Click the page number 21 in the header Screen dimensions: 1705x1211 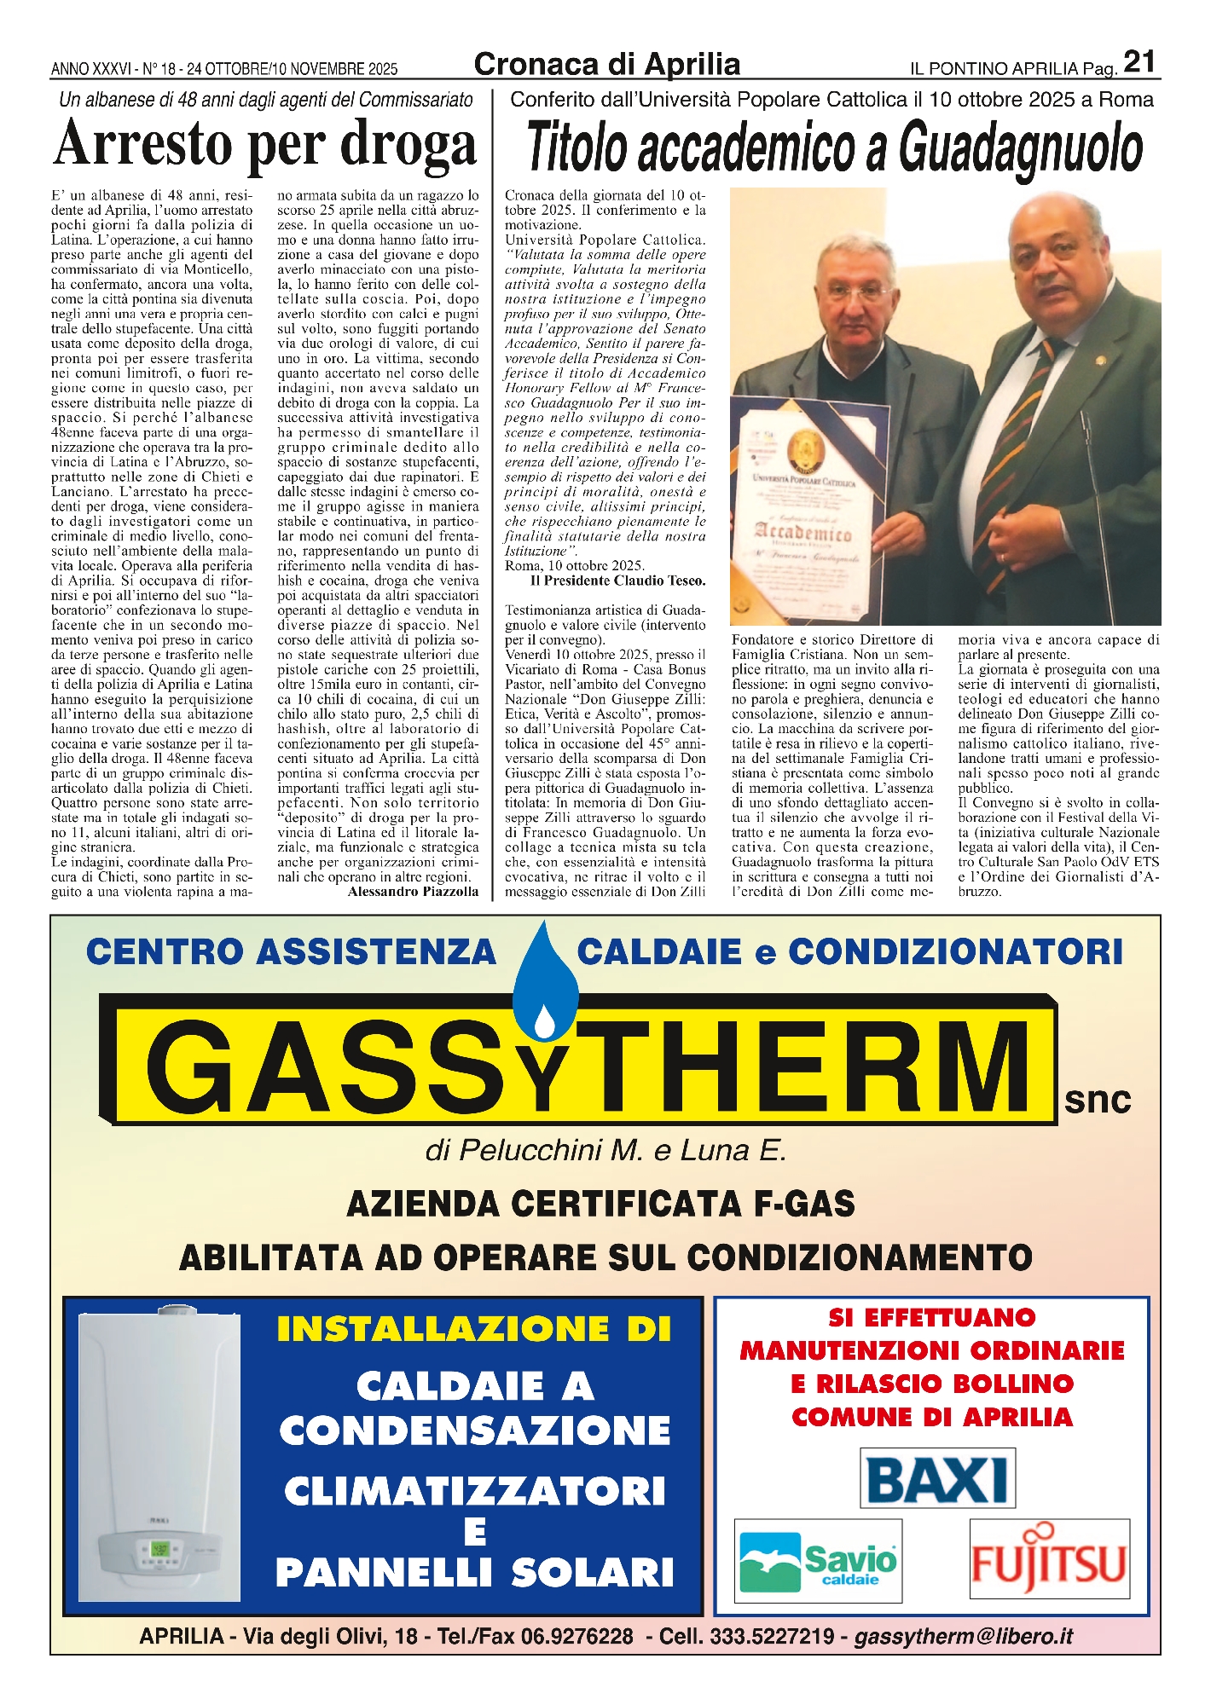[x=1139, y=61]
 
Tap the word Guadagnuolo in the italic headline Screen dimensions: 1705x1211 [x=1020, y=148]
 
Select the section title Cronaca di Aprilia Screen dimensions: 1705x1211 [x=606, y=64]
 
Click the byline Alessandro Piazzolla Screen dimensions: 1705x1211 [x=413, y=892]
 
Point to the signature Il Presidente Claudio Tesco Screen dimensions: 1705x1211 [x=617, y=581]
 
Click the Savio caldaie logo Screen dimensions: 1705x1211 [x=818, y=1561]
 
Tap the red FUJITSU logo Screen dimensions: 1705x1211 [x=1049, y=1560]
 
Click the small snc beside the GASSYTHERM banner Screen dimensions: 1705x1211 [x=1097, y=1101]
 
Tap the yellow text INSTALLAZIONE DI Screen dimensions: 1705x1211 [x=474, y=1329]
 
